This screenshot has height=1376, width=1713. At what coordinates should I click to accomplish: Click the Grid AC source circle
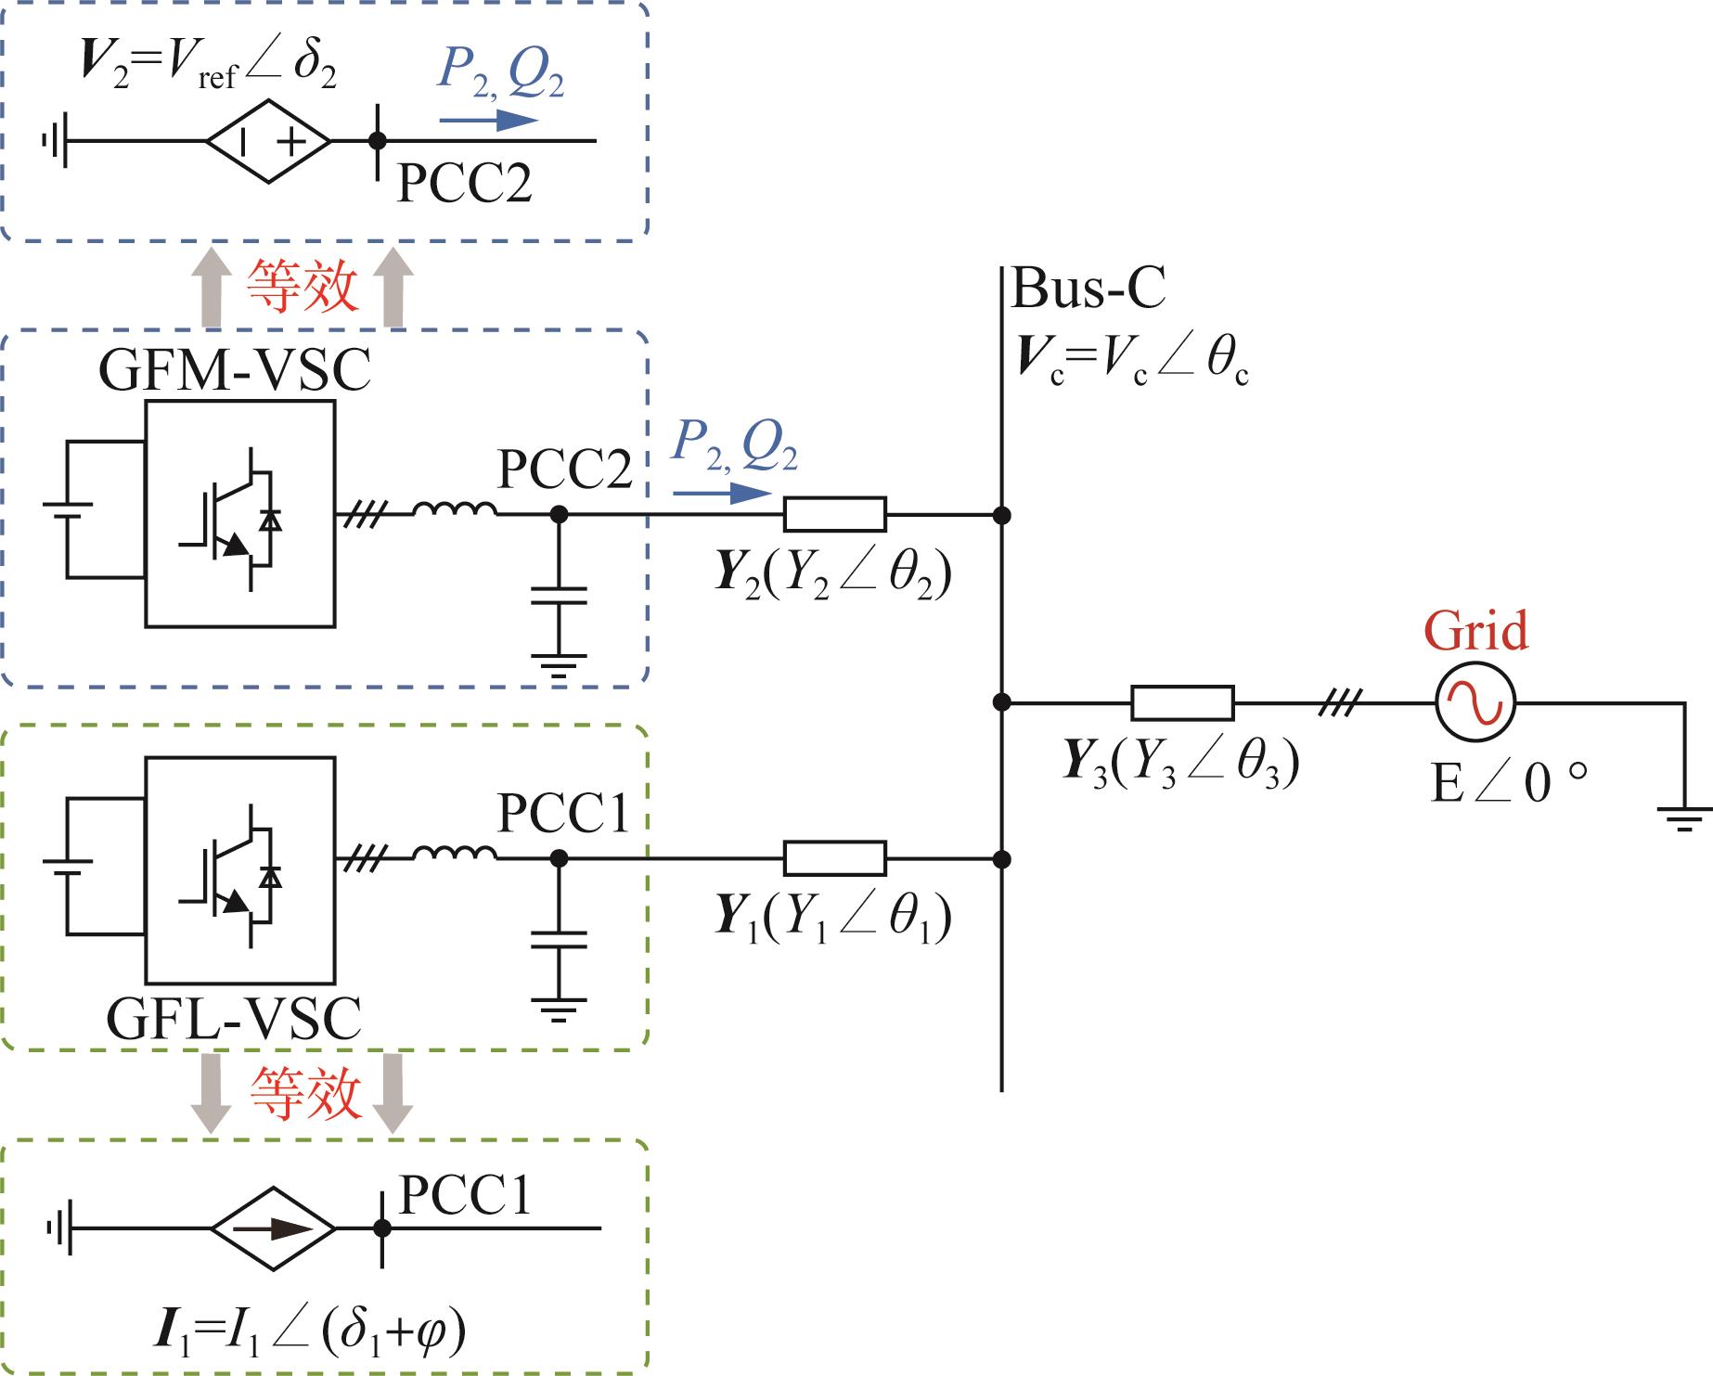(x=1475, y=702)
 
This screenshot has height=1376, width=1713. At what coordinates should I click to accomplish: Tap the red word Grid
(x=1475, y=631)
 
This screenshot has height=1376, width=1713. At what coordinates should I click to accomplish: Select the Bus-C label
(x=1088, y=289)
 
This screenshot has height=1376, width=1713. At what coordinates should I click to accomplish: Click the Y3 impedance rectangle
(x=1182, y=703)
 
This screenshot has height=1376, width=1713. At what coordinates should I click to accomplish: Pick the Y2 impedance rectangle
(x=835, y=514)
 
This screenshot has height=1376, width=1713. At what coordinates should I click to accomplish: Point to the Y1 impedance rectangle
(x=835, y=859)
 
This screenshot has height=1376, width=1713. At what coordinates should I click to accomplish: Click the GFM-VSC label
(x=234, y=370)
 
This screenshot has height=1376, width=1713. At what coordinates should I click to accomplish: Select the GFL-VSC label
(x=234, y=1019)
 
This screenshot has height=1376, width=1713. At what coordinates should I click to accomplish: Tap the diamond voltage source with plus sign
(x=268, y=142)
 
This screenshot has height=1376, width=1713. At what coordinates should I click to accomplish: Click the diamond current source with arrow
(x=273, y=1228)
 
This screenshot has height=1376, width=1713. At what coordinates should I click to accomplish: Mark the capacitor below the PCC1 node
(x=558, y=940)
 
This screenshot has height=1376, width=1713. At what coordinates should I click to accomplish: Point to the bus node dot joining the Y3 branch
(x=1001, y=702)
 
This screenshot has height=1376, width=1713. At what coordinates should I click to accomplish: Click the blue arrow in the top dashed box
(x=489, y=120)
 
